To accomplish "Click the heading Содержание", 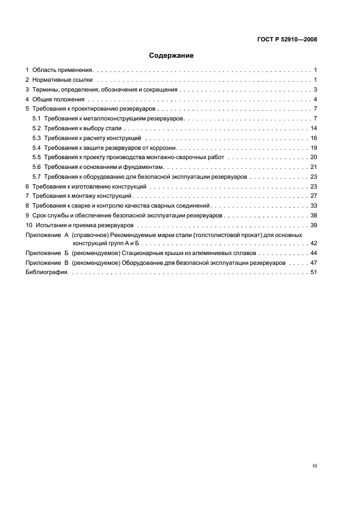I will (x=172, y=56).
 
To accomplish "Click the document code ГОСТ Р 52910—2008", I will (x=287, y=39).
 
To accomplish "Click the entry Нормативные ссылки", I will (x=59, y=80).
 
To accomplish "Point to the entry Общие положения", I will (x=58, y=100).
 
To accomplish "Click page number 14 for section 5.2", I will (x=314, y=129).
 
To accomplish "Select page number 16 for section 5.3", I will (x=314, y=138).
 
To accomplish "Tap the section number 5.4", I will (x=36, y=148).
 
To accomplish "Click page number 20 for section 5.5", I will (x=314, y=157).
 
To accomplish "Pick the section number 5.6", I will (x=36, y=167).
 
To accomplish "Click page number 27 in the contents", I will (x=314, y=196).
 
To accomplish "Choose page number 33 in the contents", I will (x=314, y=206).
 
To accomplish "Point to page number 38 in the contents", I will (x=314, y=216).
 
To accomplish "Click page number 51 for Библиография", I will (x=314, y=272).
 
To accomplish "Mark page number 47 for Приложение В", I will (x=314, y=263).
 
